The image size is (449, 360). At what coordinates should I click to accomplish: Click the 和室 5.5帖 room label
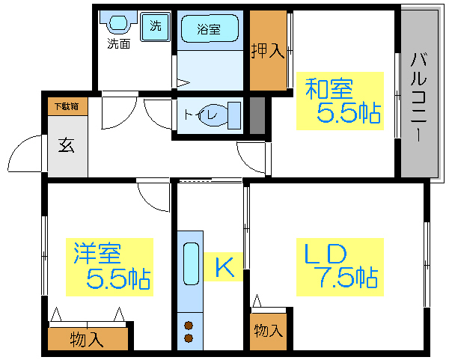point(340,101)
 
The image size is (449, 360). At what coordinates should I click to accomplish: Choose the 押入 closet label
point(268,51)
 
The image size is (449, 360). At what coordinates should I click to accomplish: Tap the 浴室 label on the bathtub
point(209,30)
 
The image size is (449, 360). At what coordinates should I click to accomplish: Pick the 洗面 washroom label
point(118,43)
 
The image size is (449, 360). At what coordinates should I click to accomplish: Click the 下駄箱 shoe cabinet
point(66,106)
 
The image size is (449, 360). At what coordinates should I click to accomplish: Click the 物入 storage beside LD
point(266,330)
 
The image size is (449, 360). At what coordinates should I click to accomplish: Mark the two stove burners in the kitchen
point(189,331)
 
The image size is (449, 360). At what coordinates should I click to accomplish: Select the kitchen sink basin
point(190,263)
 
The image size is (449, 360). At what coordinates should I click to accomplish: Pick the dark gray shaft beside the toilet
point(257,114)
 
